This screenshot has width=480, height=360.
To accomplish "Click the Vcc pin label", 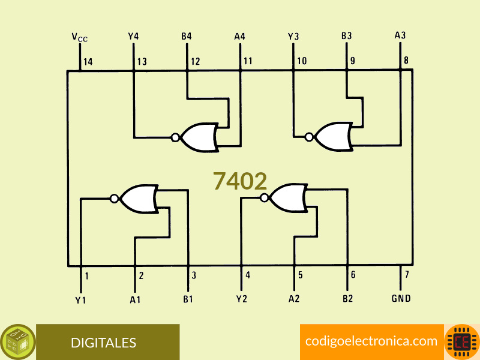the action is (x=80, y=37).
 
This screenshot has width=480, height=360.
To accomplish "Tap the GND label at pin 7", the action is (x=401, y=298).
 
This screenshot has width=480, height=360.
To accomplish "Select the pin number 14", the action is (x=88, y=62).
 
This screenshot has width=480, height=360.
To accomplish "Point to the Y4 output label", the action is (x=133, y=37).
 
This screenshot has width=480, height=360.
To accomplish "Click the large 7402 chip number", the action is (x=240, y=181).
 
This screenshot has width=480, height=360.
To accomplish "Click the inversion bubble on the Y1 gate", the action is (x=114, y=199).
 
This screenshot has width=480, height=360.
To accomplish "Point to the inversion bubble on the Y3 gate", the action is (x=309, y=137).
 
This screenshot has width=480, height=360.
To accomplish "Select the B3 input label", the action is (x=347, y=36).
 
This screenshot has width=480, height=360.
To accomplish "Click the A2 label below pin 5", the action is (x=294, y=298).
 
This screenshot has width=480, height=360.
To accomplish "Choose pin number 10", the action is (x=302, y=61).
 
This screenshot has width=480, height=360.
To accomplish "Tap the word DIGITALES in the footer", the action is (x=103, y=343).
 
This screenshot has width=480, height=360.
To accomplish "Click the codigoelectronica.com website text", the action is (x=371, y=341).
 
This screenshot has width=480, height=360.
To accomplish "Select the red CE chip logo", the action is (x=462, y=342).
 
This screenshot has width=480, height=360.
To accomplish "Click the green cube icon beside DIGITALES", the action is (x=18, y=342).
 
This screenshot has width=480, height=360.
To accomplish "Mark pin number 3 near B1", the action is (x=194, y=275).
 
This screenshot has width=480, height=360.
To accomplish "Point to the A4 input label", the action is (x=239, y=37).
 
